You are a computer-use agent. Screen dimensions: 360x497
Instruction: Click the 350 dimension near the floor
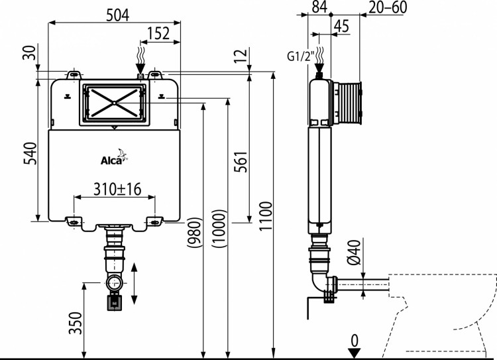point(76,323)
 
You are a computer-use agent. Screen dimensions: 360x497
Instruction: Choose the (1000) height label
point(219,229)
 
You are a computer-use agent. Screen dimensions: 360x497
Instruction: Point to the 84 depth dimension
point(319,7)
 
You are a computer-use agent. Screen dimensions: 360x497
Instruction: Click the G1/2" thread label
point(299,56)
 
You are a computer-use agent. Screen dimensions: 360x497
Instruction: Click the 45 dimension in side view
point(341,26)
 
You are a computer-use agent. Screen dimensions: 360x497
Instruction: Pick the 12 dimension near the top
point(243,56)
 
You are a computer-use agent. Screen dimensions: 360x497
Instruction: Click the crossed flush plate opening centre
point(115,103)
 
